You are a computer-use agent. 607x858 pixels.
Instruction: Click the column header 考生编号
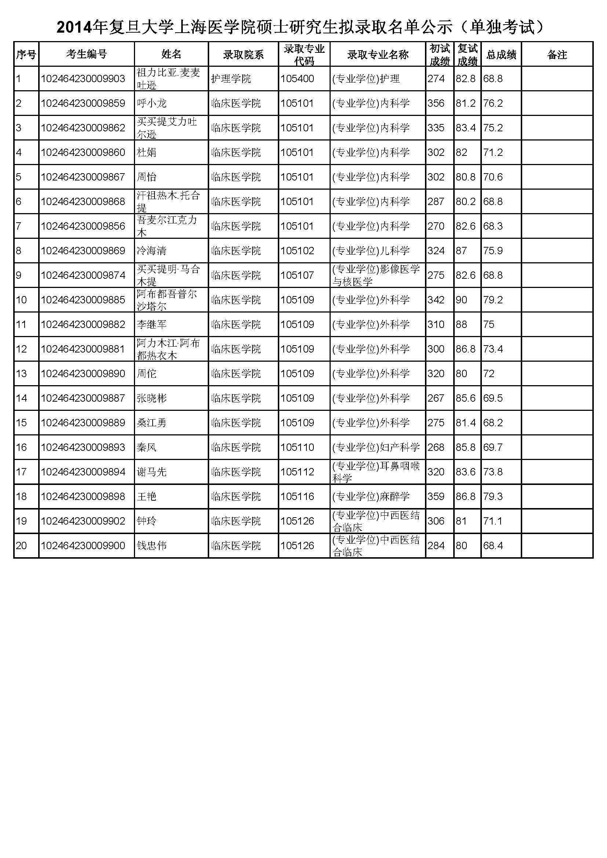pos(86,55)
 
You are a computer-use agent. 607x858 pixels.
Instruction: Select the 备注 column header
pos(557,55)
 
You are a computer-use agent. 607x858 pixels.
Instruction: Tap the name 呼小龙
pos(151,103)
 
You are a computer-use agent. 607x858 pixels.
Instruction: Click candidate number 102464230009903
pos(83,79)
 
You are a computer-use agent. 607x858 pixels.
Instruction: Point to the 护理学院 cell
pos(230,79)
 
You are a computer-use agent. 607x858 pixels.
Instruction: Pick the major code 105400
pos(297,79)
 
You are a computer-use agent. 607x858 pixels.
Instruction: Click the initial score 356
pos(436,103)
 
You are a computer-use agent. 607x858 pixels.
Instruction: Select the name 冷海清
pos(151,251)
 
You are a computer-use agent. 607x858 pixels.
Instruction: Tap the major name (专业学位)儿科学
pos(371,251)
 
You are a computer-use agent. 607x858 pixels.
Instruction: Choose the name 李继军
pos(151,324)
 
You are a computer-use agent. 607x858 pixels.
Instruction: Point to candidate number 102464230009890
pos(83,373)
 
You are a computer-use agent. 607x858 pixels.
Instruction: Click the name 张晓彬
pos(151,398)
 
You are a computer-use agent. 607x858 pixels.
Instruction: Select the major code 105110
pos(297,447)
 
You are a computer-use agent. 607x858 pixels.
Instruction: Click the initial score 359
pos(436,496)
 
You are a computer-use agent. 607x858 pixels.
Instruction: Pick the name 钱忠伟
pos(151,545)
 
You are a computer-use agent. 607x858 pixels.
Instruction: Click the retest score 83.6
pos(465,472)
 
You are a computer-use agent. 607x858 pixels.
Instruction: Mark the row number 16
pos(21,447)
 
